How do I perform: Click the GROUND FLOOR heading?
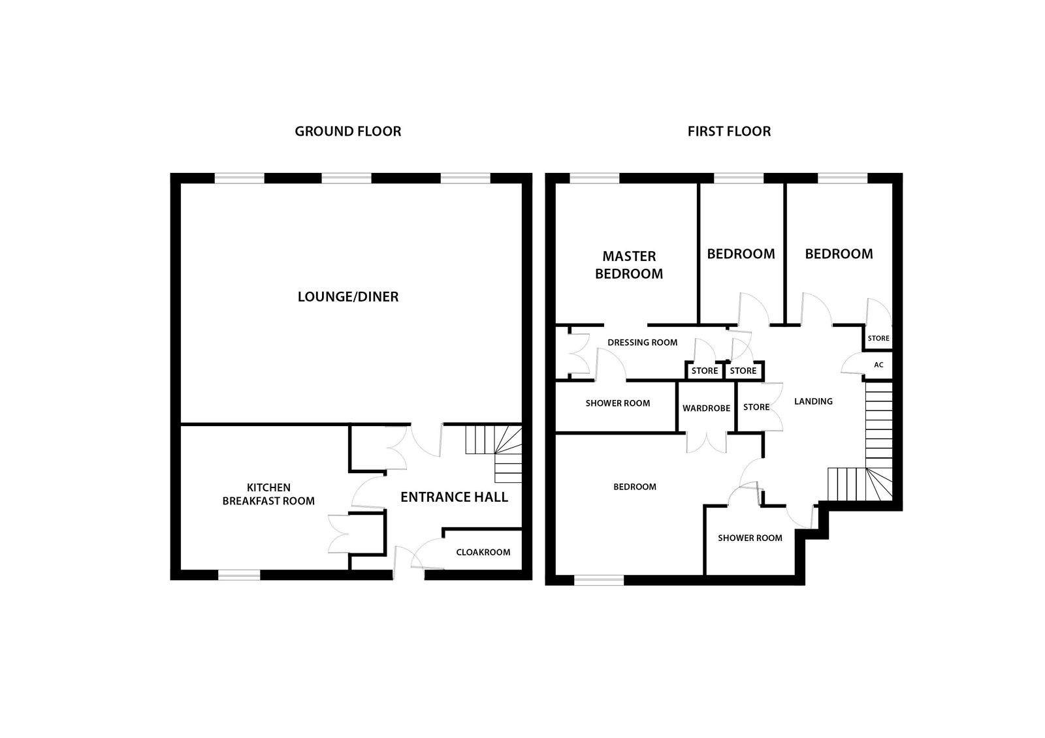347,131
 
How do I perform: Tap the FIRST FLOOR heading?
729,131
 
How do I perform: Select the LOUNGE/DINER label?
348,297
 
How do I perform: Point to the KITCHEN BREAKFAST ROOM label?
268,494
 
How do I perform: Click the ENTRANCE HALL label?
454,497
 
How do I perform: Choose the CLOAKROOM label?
483,553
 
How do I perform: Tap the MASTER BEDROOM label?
629,265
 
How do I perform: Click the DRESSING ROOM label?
643,343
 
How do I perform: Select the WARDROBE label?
706,408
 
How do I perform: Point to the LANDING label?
813,401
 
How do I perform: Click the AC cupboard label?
878,365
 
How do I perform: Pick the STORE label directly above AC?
878,339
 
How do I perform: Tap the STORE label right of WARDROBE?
756,407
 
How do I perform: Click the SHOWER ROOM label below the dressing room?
618,403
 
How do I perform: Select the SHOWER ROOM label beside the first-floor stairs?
750,538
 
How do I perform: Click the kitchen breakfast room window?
239,575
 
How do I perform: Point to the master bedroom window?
594,178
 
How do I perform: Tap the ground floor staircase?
494,454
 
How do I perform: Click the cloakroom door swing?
426,554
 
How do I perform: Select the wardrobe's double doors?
706,443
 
